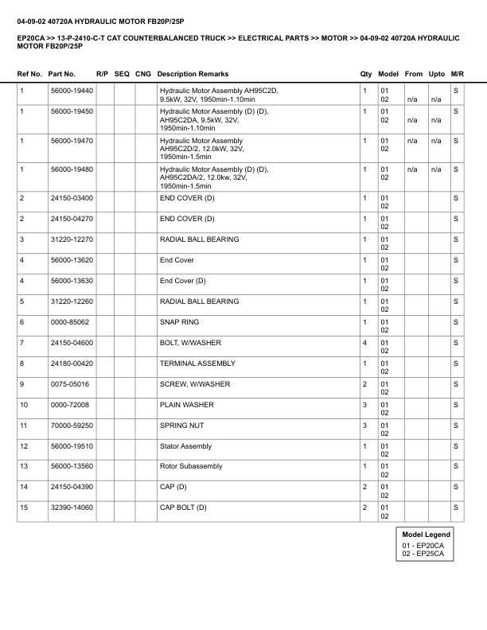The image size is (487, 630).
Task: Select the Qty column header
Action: pos(366,74)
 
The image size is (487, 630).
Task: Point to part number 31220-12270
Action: pos(71,239)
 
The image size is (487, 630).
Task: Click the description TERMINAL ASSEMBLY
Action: pos(197,364)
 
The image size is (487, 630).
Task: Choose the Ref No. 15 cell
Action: pos(24,507)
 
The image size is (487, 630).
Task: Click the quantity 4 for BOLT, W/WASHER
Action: pos(364,343)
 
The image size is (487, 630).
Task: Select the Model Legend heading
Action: pos(426,535)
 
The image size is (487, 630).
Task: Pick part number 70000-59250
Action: pos(71,426)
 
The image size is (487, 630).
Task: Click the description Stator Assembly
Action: pos(186,446)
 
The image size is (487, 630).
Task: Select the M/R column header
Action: pos(457,74)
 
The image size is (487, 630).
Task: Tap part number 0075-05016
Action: pos(68,384)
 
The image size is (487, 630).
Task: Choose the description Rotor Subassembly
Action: pos(191,466)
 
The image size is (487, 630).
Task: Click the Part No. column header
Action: pos(62,74)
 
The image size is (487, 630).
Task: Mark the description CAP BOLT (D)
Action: pos(183,507)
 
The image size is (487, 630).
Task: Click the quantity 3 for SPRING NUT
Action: pos(364,426)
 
